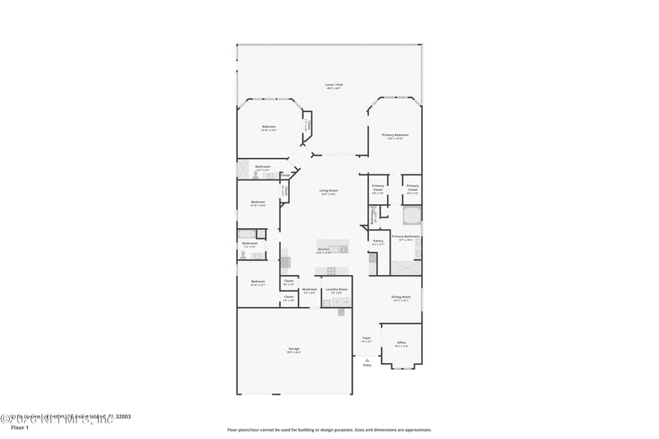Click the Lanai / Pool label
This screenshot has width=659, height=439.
click(x=333, y=85)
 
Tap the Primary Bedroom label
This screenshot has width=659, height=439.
click(x=395, y=135)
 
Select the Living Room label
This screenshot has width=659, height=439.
click(x=329, y=191)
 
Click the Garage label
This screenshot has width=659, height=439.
click(x=294, y=349)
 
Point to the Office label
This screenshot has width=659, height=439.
click(x=401, y=343)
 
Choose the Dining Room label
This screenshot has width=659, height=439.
click(x=401, y=297)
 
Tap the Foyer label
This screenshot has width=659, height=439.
click(x=367, y=338)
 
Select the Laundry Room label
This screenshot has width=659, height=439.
click(x=336, y=290)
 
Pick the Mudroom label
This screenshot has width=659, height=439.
click(x=310, y=290)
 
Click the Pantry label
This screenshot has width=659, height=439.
click(x=378, y=241)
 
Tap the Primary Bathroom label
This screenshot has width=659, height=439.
click(x=405, y=237)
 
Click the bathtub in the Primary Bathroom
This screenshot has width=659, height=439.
click(x=412, y=216)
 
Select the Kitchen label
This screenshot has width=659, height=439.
click(x=324, y=250)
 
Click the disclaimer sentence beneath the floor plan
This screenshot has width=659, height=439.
click(x=329, y=429)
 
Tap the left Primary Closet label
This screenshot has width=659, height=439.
click(x=378, y=186)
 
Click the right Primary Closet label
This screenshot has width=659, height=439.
click(x=412, y=186)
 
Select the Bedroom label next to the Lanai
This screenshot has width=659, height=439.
click(x=269, y=127)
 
